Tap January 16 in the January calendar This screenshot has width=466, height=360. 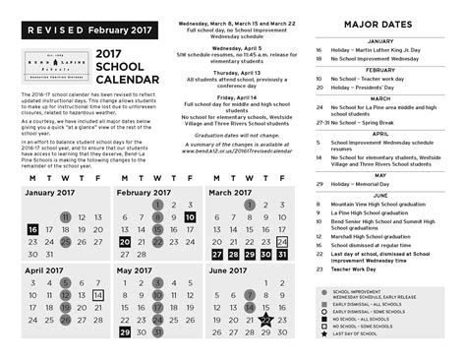32,229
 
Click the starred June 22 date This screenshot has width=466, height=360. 265,319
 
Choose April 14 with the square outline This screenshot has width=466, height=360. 97,294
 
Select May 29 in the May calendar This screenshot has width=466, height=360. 125,331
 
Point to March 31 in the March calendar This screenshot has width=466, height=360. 282,254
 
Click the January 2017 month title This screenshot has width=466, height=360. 52,192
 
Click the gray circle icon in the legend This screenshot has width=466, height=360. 324,293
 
